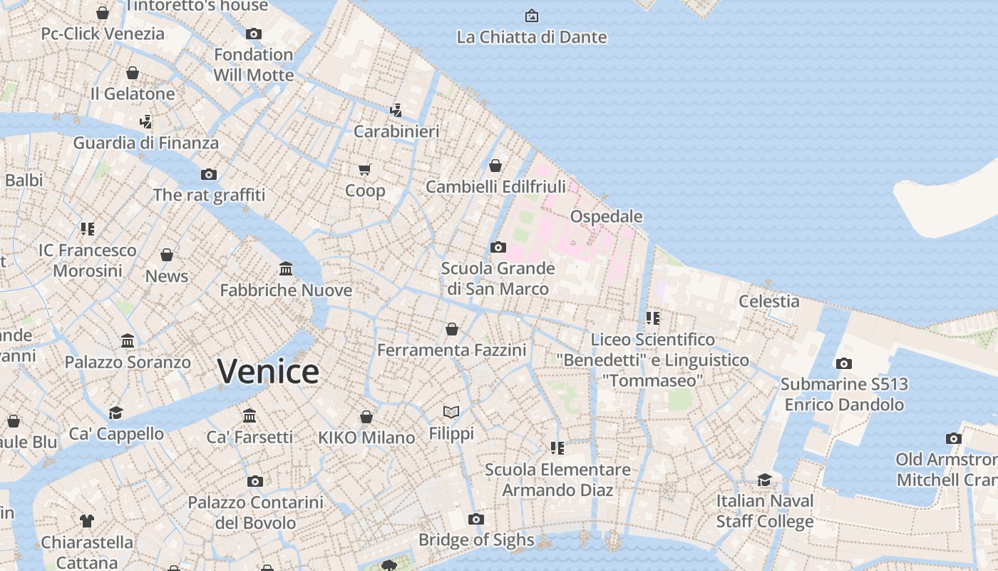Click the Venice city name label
click(x=268, y=372)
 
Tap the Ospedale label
click(x=606, y=216)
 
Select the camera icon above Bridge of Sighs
click(x=476, y=519)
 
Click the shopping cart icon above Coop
click(x=365, y=169)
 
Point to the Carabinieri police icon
click(x=396, y=110)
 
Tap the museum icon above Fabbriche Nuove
click(x=286, y=268)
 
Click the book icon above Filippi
click(x=451, y=412)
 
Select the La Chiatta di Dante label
click(x=532, y=37)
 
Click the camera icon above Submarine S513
click(x=844, y=363)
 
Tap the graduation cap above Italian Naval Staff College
click(x=765, y=480)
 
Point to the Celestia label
click(x=769, y=301)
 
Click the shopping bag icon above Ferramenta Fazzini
click(x=452, y=328)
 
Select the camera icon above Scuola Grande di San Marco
click(x=498, y=247)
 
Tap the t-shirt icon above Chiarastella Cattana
click(x=87, y=520)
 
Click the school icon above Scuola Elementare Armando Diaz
click(x=557, y=448)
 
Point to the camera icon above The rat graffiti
click(x=209, y=174)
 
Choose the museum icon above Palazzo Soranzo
click(x=128, y=340)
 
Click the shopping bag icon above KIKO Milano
click(x=366, y=416)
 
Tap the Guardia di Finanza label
click(x=146, y=143)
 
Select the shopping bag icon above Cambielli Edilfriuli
click(x=495, y=166)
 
